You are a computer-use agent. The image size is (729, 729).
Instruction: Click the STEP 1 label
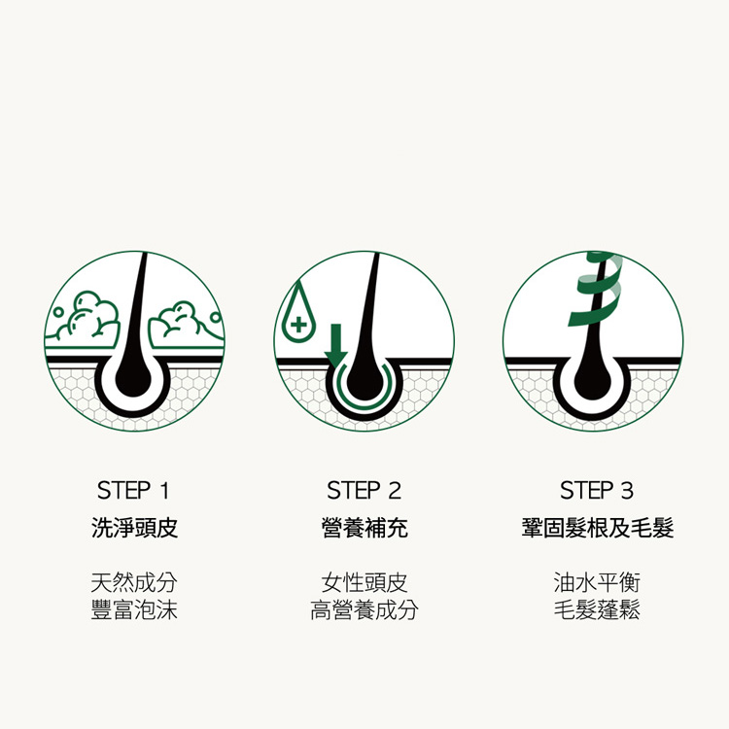click(133, 491)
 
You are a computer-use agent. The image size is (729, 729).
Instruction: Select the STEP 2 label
click(364, 491)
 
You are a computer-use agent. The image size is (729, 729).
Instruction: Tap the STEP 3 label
click(597, 491)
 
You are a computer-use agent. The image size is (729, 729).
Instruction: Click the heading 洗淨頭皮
click(134, 528)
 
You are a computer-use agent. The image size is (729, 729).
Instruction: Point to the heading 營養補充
click(364, 528)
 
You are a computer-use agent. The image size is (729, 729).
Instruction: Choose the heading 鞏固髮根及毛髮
click(598, 528)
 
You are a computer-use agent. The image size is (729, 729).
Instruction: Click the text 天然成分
click(134, 582)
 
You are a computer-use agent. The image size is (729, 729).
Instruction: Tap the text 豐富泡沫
click(134, 609)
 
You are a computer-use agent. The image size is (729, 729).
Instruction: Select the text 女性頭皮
click(364, 582)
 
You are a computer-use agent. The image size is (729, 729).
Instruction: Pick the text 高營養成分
click(364, 609)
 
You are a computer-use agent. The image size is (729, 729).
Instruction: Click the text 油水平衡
click(597, 582)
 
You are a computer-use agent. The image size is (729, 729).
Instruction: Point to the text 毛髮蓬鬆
click(597, 609)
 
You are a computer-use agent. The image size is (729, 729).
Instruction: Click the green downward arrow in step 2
click(335, 345)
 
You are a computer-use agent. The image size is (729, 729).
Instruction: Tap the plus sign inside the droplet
click(298, 324)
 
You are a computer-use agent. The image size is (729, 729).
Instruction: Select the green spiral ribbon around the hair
click(596, 289)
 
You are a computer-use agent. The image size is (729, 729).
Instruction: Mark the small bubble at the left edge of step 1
click(57, 312)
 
